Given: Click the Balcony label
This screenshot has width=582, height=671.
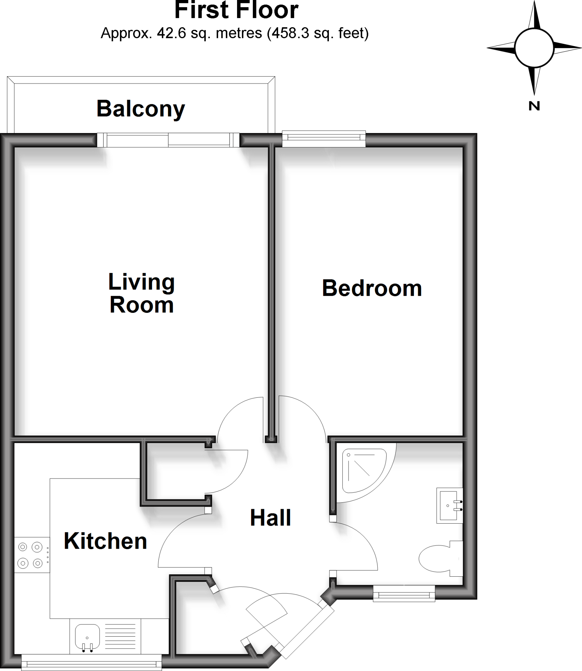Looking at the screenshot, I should click(x=141, y=109).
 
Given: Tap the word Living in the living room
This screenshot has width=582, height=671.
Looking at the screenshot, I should click(x=141, y=282).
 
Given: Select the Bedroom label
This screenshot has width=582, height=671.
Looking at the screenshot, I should click(x=372, y=288).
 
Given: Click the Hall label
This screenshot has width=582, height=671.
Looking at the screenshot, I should click(x=271, y=518).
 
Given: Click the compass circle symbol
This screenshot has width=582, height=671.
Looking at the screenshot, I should click(x=534, y=48).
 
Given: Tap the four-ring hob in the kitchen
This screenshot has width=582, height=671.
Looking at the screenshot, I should click(x=30, y=555).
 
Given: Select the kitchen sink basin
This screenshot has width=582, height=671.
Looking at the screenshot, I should click(x=87, y=637).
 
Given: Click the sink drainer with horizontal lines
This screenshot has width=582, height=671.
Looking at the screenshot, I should click(x=120, y=637).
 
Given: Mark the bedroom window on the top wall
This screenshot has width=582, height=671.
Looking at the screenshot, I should click(x=324, y=139).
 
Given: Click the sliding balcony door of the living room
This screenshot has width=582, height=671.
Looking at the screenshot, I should click(x=168, y=140).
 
